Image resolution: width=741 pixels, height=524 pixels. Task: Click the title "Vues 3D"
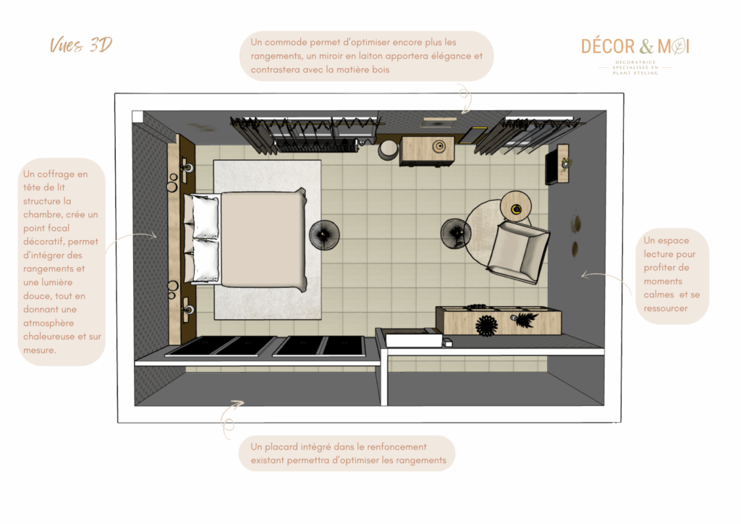pos(80,46)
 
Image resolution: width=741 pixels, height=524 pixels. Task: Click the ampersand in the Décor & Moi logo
pos(645,47)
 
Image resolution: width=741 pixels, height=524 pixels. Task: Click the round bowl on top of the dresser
pos(439,147)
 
